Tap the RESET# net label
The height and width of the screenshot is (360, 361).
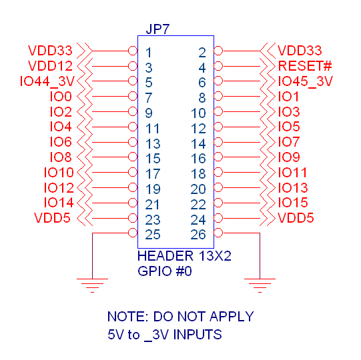(304, 66)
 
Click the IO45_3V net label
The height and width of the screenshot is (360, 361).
(305, 81)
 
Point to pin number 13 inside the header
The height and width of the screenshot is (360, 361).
(153, 143)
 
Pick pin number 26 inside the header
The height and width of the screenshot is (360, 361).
(198, 233)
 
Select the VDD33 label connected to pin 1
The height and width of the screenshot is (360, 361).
(50, 51)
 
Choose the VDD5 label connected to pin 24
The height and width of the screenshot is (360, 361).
(296, 218)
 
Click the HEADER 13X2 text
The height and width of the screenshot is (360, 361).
(181, 256)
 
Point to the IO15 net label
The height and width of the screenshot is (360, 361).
(293, 203)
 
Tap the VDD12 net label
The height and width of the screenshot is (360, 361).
(50, 66)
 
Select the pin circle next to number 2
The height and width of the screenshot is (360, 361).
(218, 51)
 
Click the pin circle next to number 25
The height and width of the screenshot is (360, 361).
(132, 233)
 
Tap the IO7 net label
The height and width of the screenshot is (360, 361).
(289, 142)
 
